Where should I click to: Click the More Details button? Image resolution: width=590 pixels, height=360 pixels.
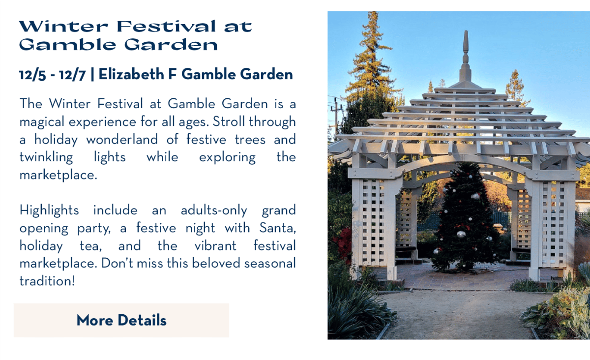(x=121, y=320)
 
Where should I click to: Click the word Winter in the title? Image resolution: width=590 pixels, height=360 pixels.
(x=63, y=27)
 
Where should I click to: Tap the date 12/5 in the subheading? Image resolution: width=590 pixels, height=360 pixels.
(x=32, y=75)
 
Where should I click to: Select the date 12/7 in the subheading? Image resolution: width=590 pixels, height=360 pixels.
(x=72, y=75)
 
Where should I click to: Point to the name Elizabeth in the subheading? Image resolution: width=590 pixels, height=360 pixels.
(x=131, y=74)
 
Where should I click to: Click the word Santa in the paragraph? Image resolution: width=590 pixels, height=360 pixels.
(x=278, y=228)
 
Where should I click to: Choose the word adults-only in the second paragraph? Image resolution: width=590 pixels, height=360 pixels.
(x=214, y=210)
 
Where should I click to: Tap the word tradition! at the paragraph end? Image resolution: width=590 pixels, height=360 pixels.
(x=47, y=281)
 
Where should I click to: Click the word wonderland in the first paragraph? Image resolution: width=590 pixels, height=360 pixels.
(x=122, y=139)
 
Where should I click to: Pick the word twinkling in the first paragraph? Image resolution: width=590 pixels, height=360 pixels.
(x=46, y=157)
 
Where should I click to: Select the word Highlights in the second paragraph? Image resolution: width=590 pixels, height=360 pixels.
(x=49, y=210)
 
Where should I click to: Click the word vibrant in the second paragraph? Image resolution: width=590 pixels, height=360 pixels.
(x=215, y=246)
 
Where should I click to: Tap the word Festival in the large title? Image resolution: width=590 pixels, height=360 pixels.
(x=166, y=27)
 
